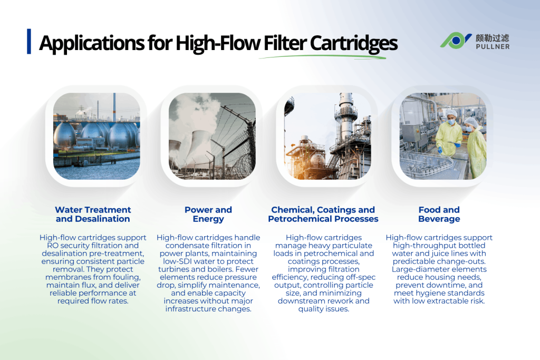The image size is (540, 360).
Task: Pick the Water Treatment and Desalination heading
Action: pyautogui.click(x=93, y=214)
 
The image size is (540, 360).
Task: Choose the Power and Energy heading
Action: pyautogui.click(x=208, y=214)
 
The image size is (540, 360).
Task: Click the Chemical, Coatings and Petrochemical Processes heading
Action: pyautogui.click(x=323, y=214)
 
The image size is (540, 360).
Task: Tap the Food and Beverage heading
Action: pyautogui.click(x=439, y=214)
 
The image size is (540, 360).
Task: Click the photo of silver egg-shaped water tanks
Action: pyautogui.click(x=97, y=136)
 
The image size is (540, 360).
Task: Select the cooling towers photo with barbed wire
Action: pyautogui.click(x=212, y=136)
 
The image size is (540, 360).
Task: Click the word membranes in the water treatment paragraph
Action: pyautogui.click(x=65, y=278)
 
